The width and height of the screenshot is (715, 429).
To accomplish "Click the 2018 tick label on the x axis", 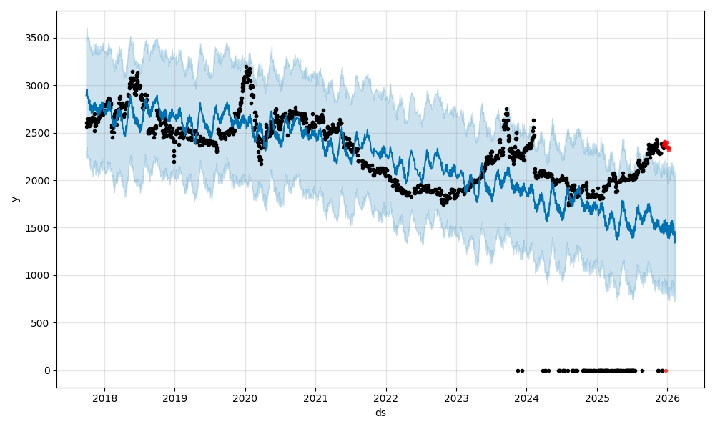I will [104, 398].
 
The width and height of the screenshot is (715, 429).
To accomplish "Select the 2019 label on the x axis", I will [174, 398].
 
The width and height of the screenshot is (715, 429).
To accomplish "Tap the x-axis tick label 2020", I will [245, 398].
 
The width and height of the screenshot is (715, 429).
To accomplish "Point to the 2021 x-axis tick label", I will [315, 398].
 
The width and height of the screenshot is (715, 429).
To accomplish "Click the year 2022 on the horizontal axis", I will [385, 398].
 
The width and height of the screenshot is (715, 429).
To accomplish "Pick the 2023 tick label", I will [456, 398].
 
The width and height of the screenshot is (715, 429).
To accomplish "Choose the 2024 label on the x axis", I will [526, 398].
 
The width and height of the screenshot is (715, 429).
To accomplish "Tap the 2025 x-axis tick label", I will [597, 398].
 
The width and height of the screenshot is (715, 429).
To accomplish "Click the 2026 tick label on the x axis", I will [667, 398].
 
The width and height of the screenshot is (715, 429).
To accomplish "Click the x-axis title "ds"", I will [380, 413].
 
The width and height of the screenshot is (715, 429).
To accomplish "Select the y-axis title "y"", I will [14, 199].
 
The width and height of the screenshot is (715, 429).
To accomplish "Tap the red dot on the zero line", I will [666, 370].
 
